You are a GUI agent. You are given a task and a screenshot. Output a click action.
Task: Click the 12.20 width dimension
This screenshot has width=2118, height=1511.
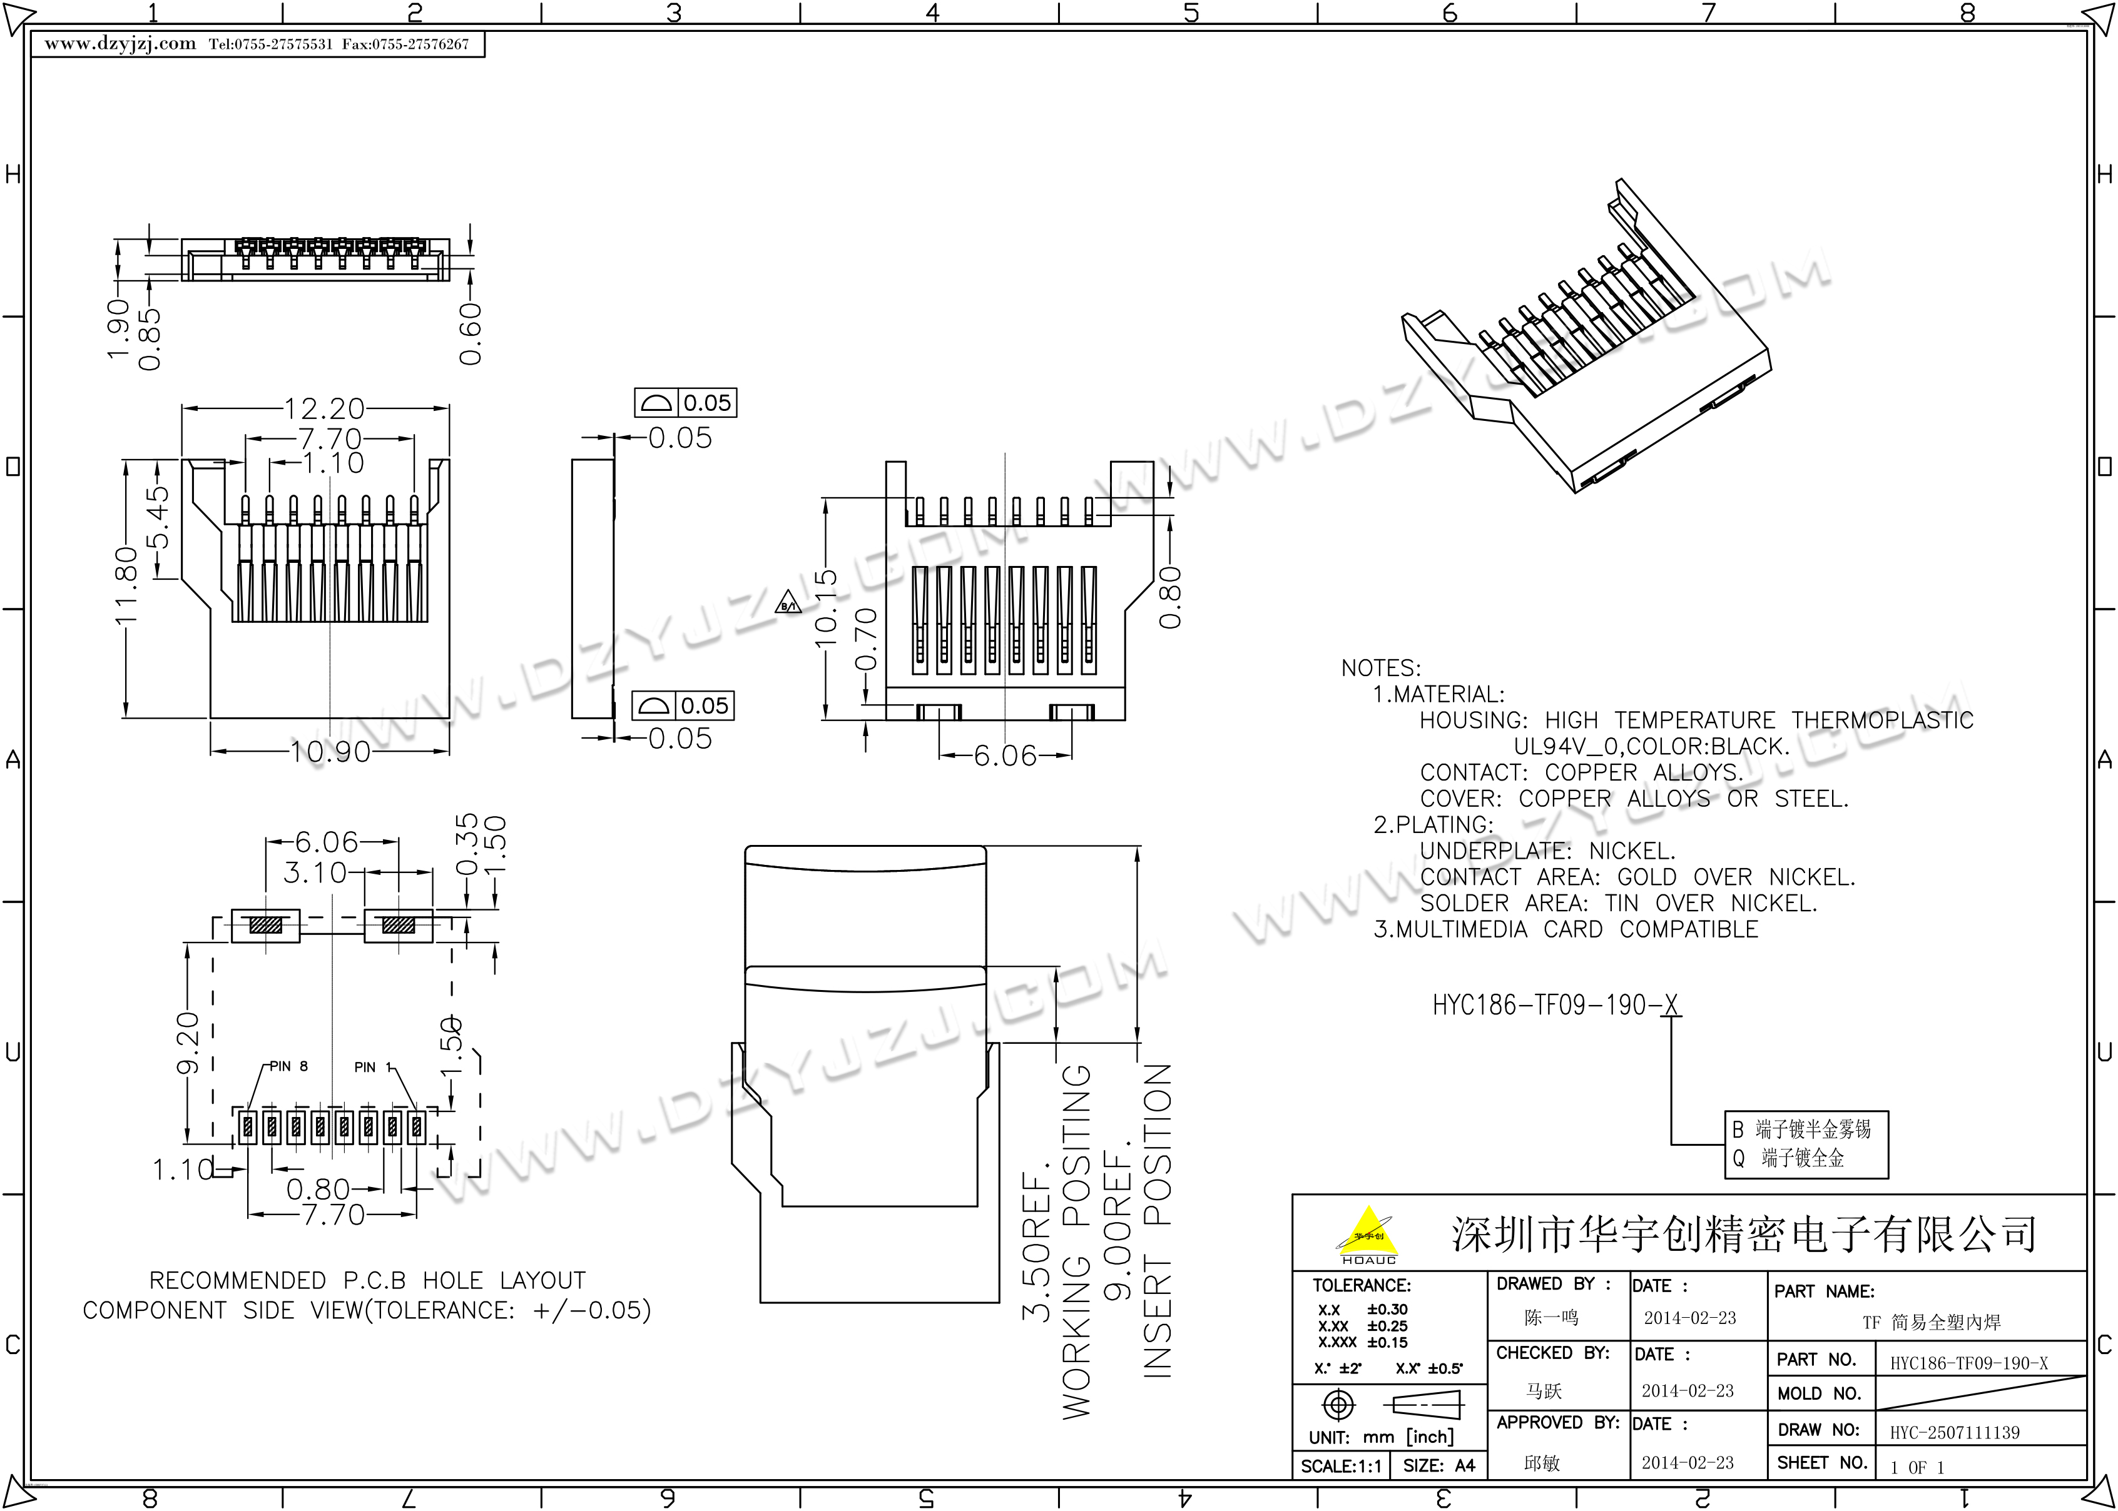point(324,408)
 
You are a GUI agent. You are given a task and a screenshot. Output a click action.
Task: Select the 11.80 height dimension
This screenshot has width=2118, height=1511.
point(126,585)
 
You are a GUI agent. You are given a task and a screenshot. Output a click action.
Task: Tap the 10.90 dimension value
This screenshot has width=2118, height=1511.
point(330,752)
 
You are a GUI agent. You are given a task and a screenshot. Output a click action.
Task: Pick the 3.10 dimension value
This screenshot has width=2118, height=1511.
point(315,872)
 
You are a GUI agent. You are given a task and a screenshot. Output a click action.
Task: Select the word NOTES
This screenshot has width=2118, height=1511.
point(1381,668)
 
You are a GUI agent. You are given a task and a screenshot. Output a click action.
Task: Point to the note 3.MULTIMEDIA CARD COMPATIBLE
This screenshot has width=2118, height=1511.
point(1566,929)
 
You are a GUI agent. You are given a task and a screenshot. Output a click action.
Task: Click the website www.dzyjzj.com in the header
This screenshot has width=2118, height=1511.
point(120,44)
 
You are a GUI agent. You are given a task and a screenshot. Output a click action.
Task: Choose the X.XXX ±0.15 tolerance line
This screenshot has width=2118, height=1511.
point(1362,1343)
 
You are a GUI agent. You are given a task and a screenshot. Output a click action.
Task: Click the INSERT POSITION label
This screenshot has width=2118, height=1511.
point(1157,1220)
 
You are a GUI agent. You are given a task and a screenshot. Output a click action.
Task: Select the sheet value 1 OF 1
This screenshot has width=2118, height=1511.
point(1917,1467)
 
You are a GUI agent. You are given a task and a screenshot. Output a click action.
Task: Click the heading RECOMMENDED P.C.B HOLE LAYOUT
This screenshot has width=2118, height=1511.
point(367,1281)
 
